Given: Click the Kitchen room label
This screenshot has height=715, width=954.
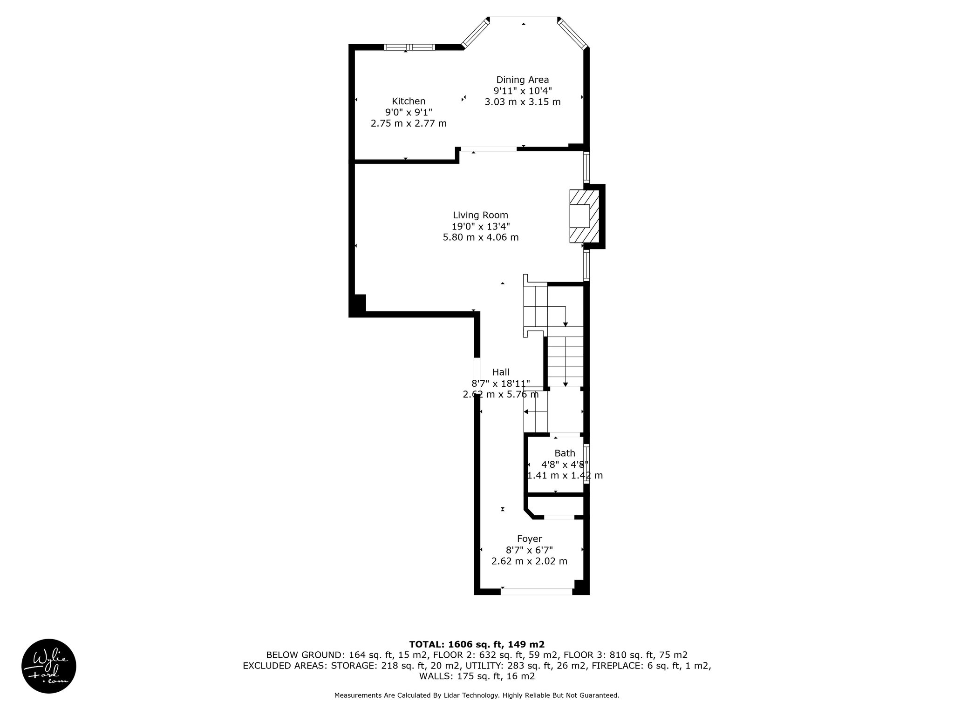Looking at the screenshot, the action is point(409,101).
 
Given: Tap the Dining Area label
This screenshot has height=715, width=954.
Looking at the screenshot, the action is point(522,80).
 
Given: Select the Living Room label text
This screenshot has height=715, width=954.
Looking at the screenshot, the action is point(480,215).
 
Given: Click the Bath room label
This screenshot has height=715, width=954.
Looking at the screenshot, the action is point(565,453).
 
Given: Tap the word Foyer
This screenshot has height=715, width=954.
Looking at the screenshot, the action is point(530,539).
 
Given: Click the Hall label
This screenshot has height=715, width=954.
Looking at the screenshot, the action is point(501,372).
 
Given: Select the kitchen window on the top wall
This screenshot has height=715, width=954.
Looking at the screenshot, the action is point(409,47).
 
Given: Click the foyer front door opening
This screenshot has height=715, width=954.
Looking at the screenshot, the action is point(536,592).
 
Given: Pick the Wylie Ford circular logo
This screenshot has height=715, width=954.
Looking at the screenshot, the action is point(49,666).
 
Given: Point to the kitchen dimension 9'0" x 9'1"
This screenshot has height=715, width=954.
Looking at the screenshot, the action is point(409,112).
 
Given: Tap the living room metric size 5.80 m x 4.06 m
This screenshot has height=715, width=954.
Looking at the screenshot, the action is point(480,237).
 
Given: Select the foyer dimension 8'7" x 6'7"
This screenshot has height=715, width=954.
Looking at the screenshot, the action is point(530,550).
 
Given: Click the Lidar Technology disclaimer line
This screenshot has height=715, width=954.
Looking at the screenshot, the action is point(477,695).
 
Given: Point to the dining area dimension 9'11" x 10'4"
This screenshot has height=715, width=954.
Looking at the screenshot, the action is point(522,91).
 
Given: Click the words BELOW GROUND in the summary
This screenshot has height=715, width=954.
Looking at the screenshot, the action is point(302,655).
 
